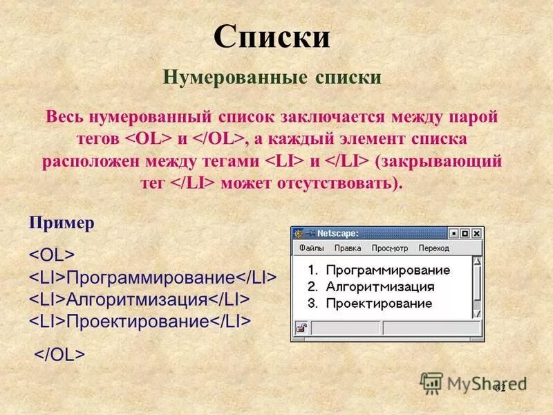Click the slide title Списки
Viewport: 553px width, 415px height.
click(x=272, y=37)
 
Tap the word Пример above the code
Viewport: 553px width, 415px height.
click(x=62, y=224)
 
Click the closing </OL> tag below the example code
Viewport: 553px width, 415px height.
click(x=60, y=354)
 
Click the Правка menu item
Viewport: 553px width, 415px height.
click(x=348, y=248)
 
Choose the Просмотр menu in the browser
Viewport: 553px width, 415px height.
click(x=390, y=248)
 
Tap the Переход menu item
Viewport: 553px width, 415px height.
click(x=433, y=248)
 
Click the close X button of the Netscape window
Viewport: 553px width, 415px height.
click(x=476, y=234)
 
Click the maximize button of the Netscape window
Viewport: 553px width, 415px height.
click(x=465, y=234)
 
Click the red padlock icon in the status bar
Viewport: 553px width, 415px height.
click(x=301, y=328)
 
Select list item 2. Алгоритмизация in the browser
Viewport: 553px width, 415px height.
click(x=371, y=286)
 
